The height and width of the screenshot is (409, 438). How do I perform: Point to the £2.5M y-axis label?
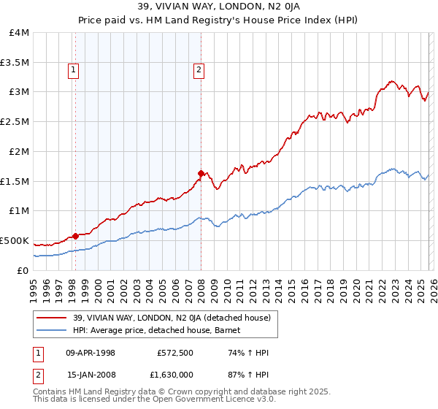coord(15,122)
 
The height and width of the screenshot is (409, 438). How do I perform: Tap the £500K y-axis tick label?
coord(15,240)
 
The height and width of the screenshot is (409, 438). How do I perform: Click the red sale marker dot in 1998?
coord(75,236)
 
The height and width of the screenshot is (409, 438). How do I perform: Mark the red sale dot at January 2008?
coord(201,174)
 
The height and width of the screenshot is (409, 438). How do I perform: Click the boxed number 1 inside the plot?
coord(74,70)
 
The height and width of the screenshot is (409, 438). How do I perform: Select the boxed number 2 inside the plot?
coord(199,70)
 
